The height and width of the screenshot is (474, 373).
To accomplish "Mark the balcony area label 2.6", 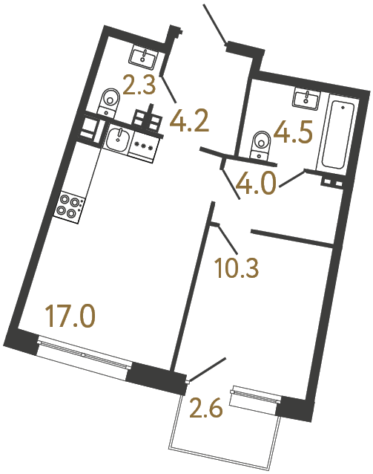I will coord(205,408).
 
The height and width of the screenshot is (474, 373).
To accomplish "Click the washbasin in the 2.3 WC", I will coord(142,55).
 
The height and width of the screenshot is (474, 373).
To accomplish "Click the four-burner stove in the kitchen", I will coord(70,205).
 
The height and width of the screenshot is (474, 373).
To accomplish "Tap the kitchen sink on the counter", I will coord(117,137).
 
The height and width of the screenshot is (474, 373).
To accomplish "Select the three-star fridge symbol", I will coord(143,144).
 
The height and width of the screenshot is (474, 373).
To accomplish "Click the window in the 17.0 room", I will coord(85,354).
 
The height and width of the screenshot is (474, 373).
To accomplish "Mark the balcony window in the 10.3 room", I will coord(254,397).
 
